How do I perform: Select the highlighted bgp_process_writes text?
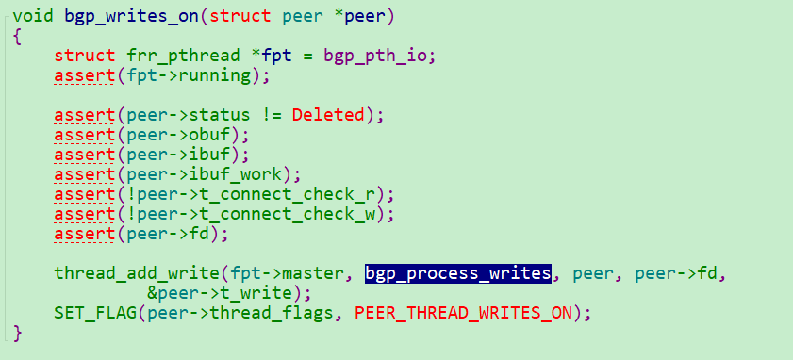click(458, 273)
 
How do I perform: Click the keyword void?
click(33, 15)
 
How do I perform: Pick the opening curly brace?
click(17, 36)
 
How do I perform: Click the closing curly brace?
click(17, 333)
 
